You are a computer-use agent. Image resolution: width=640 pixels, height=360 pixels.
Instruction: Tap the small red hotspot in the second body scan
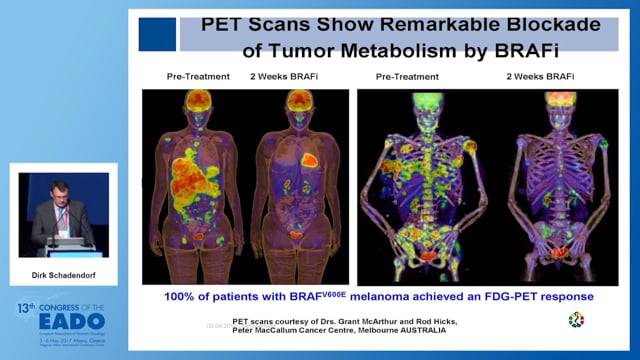point(310,158)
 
